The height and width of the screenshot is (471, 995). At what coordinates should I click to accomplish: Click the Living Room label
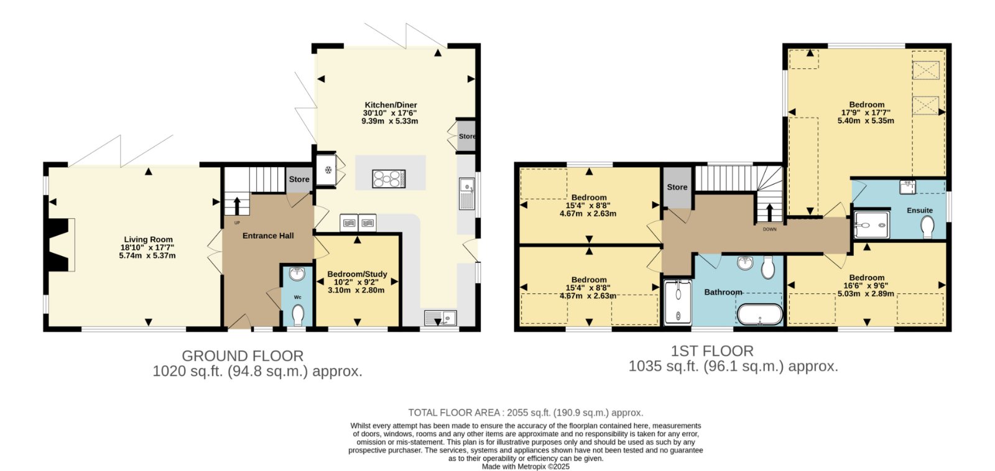[148, 239]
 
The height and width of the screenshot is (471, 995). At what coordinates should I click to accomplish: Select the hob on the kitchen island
[389, 179]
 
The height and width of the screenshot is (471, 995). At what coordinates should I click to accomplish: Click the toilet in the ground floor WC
[298, 315]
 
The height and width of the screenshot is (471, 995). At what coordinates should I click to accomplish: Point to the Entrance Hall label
[268, 236]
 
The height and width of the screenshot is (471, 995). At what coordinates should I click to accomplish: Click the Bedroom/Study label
[357, 275]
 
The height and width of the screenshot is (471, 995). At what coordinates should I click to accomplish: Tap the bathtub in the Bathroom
[759, 314]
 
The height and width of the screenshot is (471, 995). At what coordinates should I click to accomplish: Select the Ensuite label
[920, 211]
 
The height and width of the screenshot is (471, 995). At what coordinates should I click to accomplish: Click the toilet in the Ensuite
[927, 226]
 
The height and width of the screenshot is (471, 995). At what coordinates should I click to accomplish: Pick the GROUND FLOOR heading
[243, 356]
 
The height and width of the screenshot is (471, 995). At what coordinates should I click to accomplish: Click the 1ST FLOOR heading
[711, 351]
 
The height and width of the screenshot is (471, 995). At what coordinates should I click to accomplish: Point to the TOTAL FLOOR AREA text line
[525, 413]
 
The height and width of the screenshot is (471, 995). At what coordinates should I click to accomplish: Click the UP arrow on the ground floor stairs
[237, 206]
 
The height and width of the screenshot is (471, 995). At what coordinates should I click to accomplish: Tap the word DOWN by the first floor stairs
[770, 229]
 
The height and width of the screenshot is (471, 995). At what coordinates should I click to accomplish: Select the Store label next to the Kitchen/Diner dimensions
[467, 136]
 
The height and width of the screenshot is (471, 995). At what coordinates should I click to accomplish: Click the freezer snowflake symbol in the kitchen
[328, 170]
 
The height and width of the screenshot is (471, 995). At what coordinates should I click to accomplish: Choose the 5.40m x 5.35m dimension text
[866, 121]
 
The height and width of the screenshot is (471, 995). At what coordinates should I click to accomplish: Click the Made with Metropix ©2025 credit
[525, 467]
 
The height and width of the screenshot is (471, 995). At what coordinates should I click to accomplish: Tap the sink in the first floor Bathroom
[745, 263]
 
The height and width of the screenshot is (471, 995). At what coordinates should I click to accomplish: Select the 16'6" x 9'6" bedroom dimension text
[866, 285]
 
